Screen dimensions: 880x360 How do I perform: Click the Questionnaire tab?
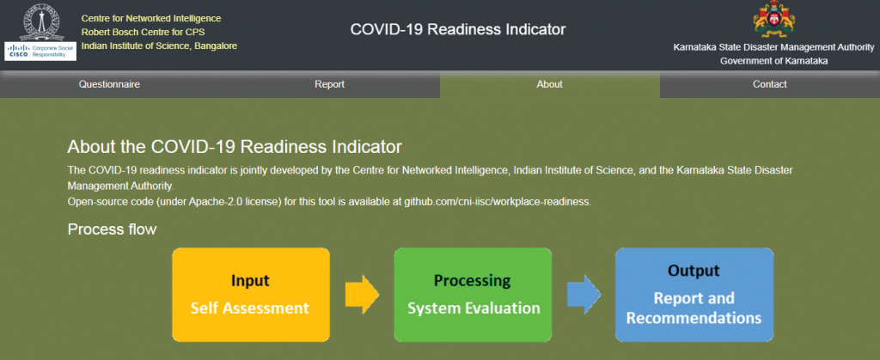click(109, 85)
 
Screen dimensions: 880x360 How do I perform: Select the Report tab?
click(329, 85)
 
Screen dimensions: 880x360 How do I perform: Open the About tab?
click(549, 85)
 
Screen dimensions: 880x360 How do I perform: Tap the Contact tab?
click(769, 85)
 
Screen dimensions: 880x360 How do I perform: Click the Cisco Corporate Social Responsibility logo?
click(40, 51)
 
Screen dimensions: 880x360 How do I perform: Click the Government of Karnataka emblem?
click(774, 19)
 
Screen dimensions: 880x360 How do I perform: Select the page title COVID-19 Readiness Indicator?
click(458, 30)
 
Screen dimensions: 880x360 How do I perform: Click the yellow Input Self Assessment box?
click(251, 295)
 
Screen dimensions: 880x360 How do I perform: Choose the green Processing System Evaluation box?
click(473, 295)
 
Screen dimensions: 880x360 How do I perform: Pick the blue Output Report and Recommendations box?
click(694, 295)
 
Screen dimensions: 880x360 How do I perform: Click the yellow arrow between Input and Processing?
click(362, 295)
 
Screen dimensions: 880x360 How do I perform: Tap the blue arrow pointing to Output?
click(584, 295)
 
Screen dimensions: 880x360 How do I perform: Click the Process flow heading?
click(113, 229)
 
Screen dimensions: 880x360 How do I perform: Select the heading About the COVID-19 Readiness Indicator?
click(235, 147)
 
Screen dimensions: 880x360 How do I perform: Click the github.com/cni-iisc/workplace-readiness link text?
click(497, 202)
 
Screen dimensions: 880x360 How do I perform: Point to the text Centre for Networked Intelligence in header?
click(151, 19)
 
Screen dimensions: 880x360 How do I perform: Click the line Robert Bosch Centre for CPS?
click(144, 33)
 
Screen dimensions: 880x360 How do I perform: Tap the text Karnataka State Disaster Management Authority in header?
click(774, 47)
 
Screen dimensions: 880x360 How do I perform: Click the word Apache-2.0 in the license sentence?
click(228, 202)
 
